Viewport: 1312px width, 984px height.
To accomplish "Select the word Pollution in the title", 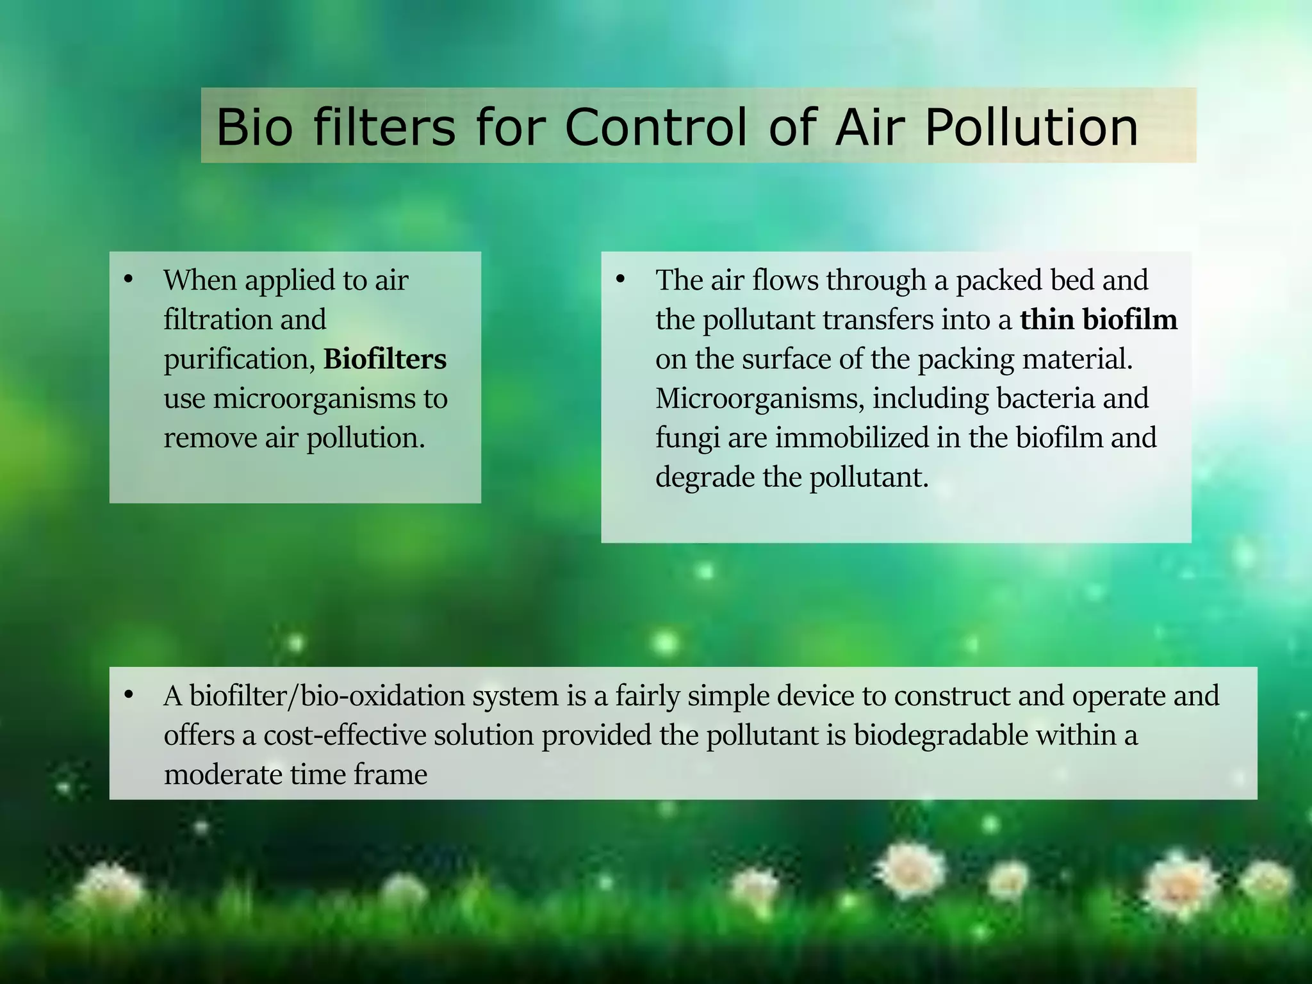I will (1031, 127).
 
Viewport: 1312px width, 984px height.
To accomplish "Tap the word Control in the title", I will (655, 127).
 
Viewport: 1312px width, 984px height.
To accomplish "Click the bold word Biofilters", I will (385, 359).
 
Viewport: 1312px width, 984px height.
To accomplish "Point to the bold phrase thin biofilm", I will (1098, 320).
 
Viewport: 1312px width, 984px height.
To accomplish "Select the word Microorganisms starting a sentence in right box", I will (759, 399).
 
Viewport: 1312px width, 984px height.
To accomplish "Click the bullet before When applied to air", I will (128, 279).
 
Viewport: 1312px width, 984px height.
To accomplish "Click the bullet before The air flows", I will (619, 279).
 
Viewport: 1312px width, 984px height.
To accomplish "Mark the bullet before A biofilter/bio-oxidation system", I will (128, 695).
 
